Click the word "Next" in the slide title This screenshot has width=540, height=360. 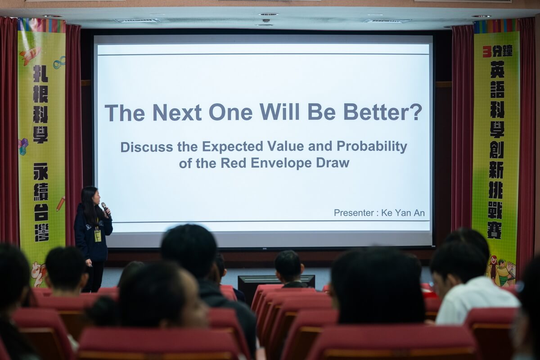coord(177,112)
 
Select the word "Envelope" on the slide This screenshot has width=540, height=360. coord(281,163)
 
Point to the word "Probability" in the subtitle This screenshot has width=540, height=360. coord(372,146)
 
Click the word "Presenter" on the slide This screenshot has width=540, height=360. coord(354,213)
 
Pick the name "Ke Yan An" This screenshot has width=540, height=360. coord(403,213)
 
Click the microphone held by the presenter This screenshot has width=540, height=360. coord(106,209)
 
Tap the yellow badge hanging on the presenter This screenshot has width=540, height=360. coord(98,236)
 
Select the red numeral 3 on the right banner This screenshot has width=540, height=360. coord(486,52)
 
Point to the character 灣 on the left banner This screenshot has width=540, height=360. coord(42,233)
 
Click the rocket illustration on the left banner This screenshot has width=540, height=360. coord(30,55)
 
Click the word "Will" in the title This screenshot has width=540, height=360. coord(279,112)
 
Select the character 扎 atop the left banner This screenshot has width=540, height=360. coord(40,73)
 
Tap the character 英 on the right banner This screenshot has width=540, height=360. coord(497,69)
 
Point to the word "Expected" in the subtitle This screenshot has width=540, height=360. coord(232,147)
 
